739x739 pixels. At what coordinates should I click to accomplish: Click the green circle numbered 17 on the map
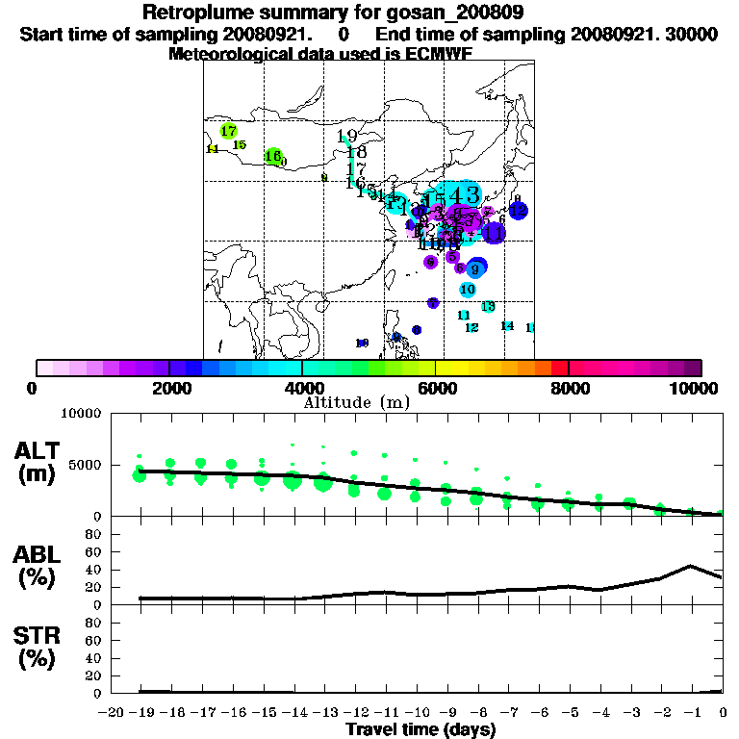(228, 131)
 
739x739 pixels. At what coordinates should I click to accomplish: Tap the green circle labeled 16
(273, 156)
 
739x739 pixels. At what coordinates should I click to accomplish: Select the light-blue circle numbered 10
(468, 289)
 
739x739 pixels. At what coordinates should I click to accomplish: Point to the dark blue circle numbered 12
(518, 210)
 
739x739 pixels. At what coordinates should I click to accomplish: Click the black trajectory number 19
(347, 137)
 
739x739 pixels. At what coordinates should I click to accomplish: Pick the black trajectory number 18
(356, 152)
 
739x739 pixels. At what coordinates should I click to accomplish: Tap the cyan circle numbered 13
(488, 306)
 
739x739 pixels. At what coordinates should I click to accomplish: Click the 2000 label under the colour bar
(169, 389)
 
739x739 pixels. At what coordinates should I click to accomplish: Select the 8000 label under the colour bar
(569, 389)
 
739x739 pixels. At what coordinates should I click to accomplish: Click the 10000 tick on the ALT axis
(81, 414)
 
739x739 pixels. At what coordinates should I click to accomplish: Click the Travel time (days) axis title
(420, 730)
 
